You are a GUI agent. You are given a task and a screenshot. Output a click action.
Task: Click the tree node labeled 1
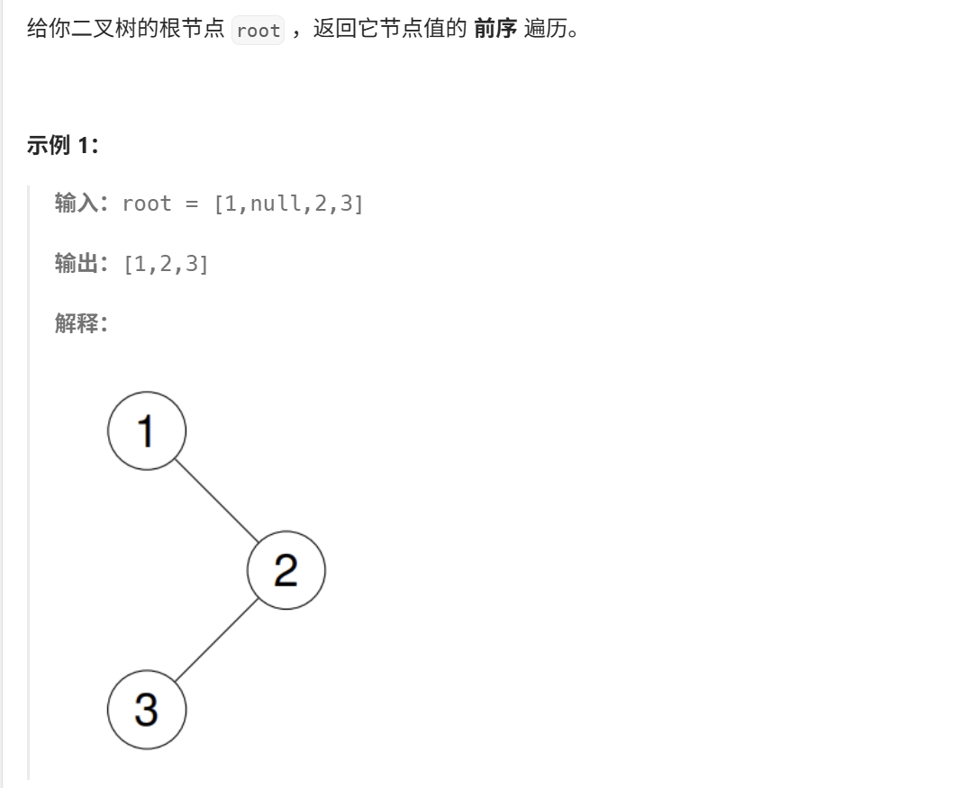[147, 430]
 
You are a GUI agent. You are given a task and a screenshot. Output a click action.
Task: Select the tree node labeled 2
[286, 570]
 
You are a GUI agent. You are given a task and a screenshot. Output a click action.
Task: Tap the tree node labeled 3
[147, 710]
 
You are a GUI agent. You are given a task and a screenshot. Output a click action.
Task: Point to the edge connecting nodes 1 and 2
[216, 501]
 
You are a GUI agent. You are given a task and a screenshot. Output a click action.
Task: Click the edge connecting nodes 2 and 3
[216, 640]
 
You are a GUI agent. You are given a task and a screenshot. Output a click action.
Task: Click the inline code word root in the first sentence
[259, 31]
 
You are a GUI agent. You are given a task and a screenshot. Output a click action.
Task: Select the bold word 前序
[495, 30]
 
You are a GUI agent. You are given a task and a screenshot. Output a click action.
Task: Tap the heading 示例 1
[62, 145]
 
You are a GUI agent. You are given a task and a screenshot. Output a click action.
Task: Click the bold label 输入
[76, 204]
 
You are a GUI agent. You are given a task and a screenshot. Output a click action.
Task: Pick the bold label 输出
[76, 263]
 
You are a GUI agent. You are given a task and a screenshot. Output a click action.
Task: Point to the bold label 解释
[76, 322]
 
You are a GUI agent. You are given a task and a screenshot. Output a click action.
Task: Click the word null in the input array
[276, 204]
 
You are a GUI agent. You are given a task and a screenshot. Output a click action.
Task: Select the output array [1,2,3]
[166, 263]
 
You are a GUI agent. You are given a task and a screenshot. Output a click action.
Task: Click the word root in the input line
[146, 204]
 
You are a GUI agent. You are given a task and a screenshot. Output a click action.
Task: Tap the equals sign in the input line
[191, 204]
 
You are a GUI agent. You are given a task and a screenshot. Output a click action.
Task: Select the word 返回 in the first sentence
[333, 30]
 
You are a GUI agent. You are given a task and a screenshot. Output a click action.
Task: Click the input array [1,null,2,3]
[288, 204]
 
